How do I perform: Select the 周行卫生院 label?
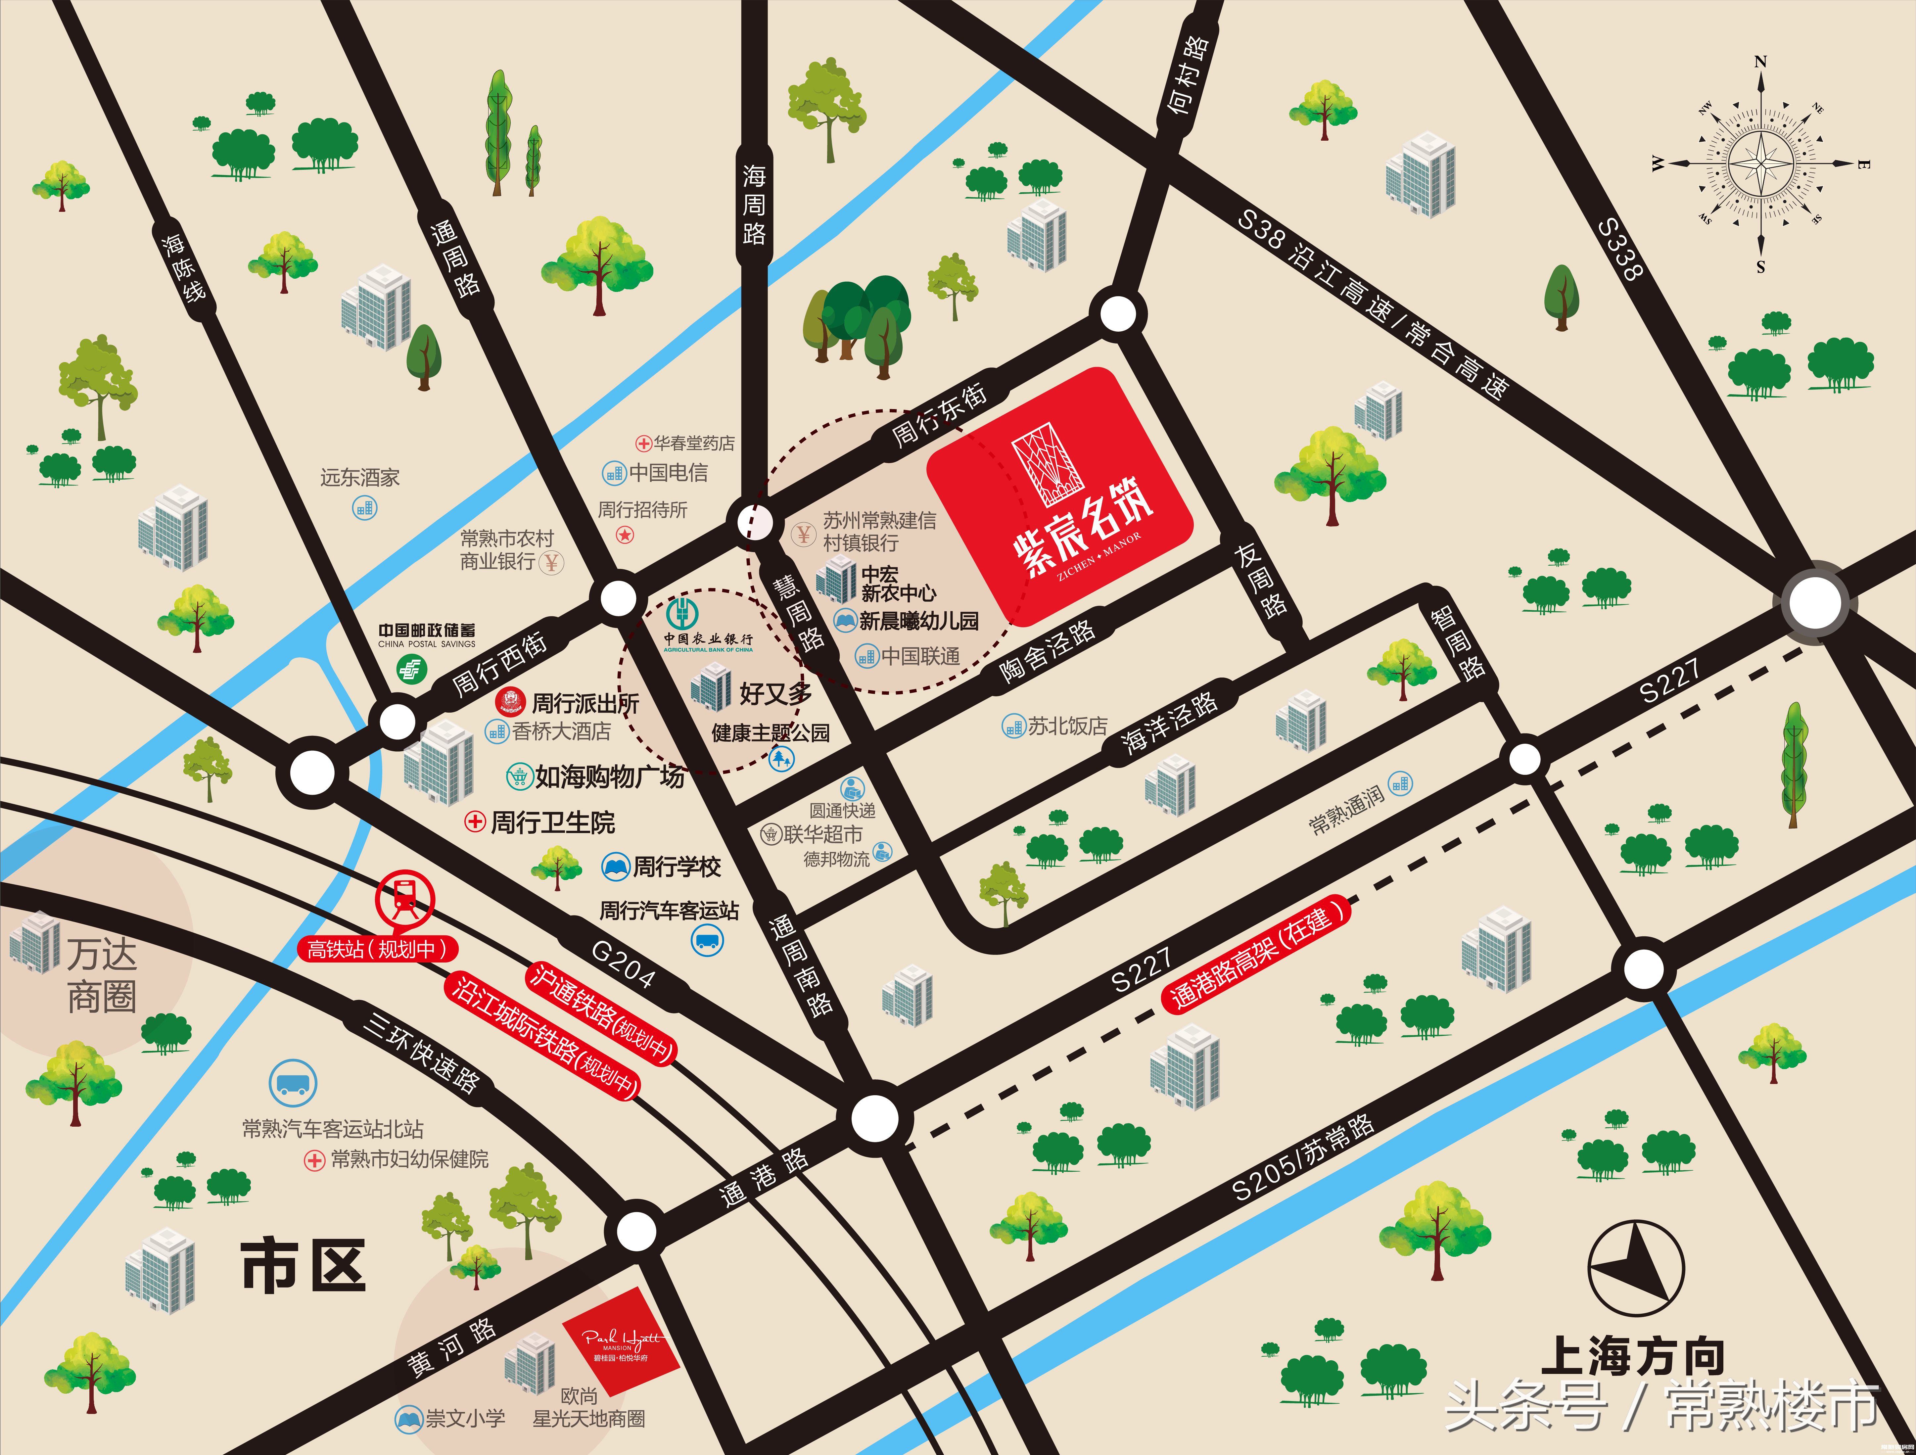point(552,822)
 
